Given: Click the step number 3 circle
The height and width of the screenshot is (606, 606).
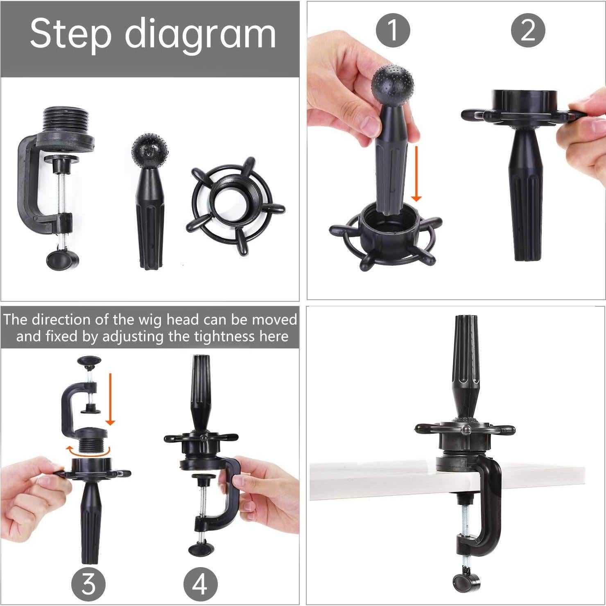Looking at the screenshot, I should point(88,583).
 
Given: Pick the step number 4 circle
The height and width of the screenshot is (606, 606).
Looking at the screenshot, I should point(200,583).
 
